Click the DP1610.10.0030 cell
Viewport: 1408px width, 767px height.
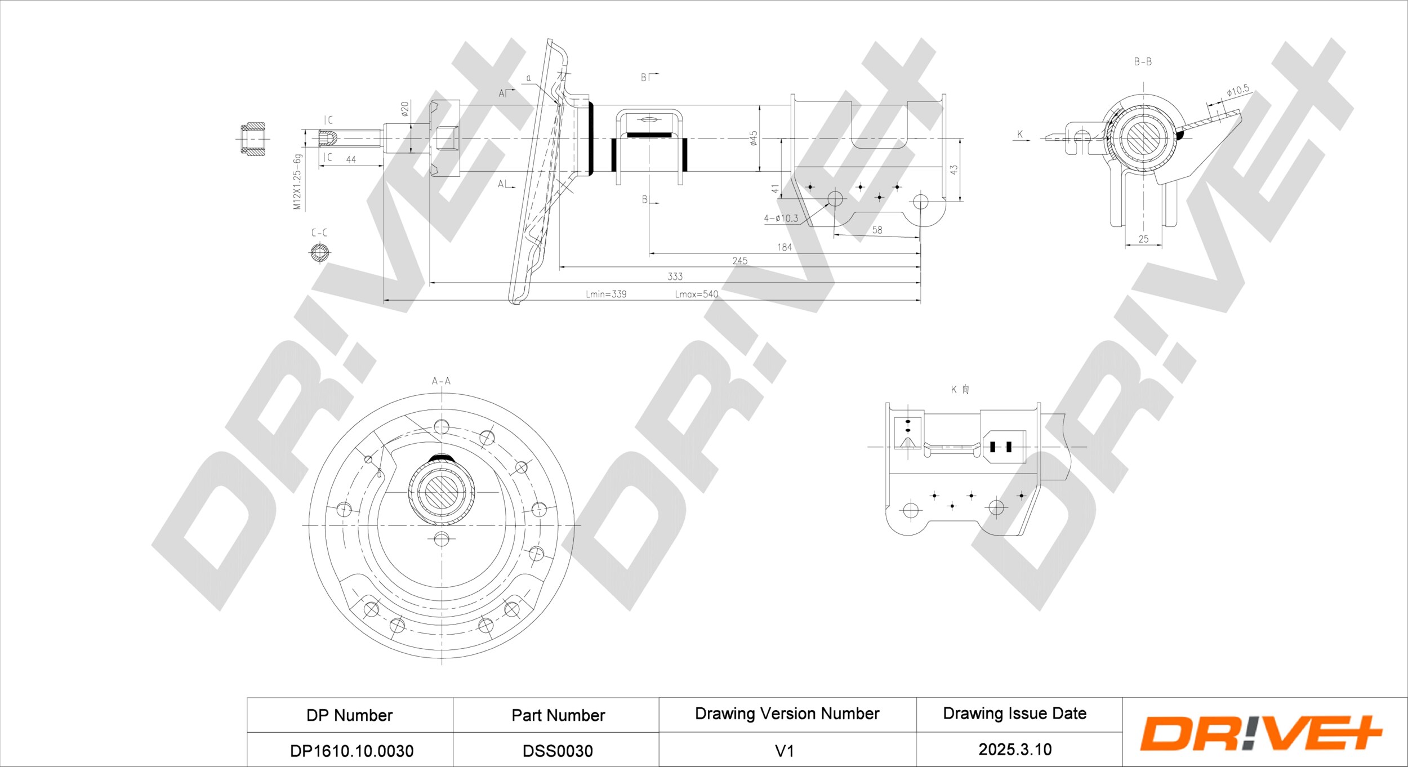[351, 751]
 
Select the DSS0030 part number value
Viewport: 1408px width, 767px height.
[558, 751]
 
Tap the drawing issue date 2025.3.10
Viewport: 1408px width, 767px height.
[1015, 750]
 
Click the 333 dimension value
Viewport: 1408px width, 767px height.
[675, 277]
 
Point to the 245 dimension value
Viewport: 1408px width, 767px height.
[740, 261]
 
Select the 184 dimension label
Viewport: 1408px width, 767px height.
[784, 247]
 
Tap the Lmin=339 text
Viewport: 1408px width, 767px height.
[606, 294]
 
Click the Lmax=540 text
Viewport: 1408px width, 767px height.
[697, 294]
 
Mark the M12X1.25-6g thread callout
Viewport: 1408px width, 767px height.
[297, 182]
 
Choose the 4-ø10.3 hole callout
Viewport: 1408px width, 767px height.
[781, 218]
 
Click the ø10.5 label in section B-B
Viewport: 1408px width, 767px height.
[1238, 91]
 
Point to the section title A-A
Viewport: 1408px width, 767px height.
[441, 381]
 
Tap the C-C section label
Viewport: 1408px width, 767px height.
[319, 233]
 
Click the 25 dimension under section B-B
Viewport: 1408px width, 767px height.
[1143, 239]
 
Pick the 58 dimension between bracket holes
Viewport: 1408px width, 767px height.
[877, 230]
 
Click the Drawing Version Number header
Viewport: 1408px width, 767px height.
[787, 714]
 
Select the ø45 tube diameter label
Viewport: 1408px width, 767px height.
[754, 138]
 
